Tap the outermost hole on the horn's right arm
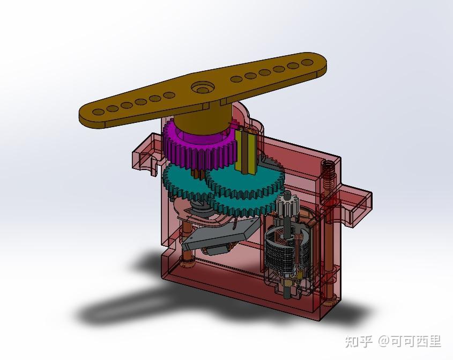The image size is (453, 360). [x=307, y=62]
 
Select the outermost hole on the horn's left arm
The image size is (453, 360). [x=98, y=112]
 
